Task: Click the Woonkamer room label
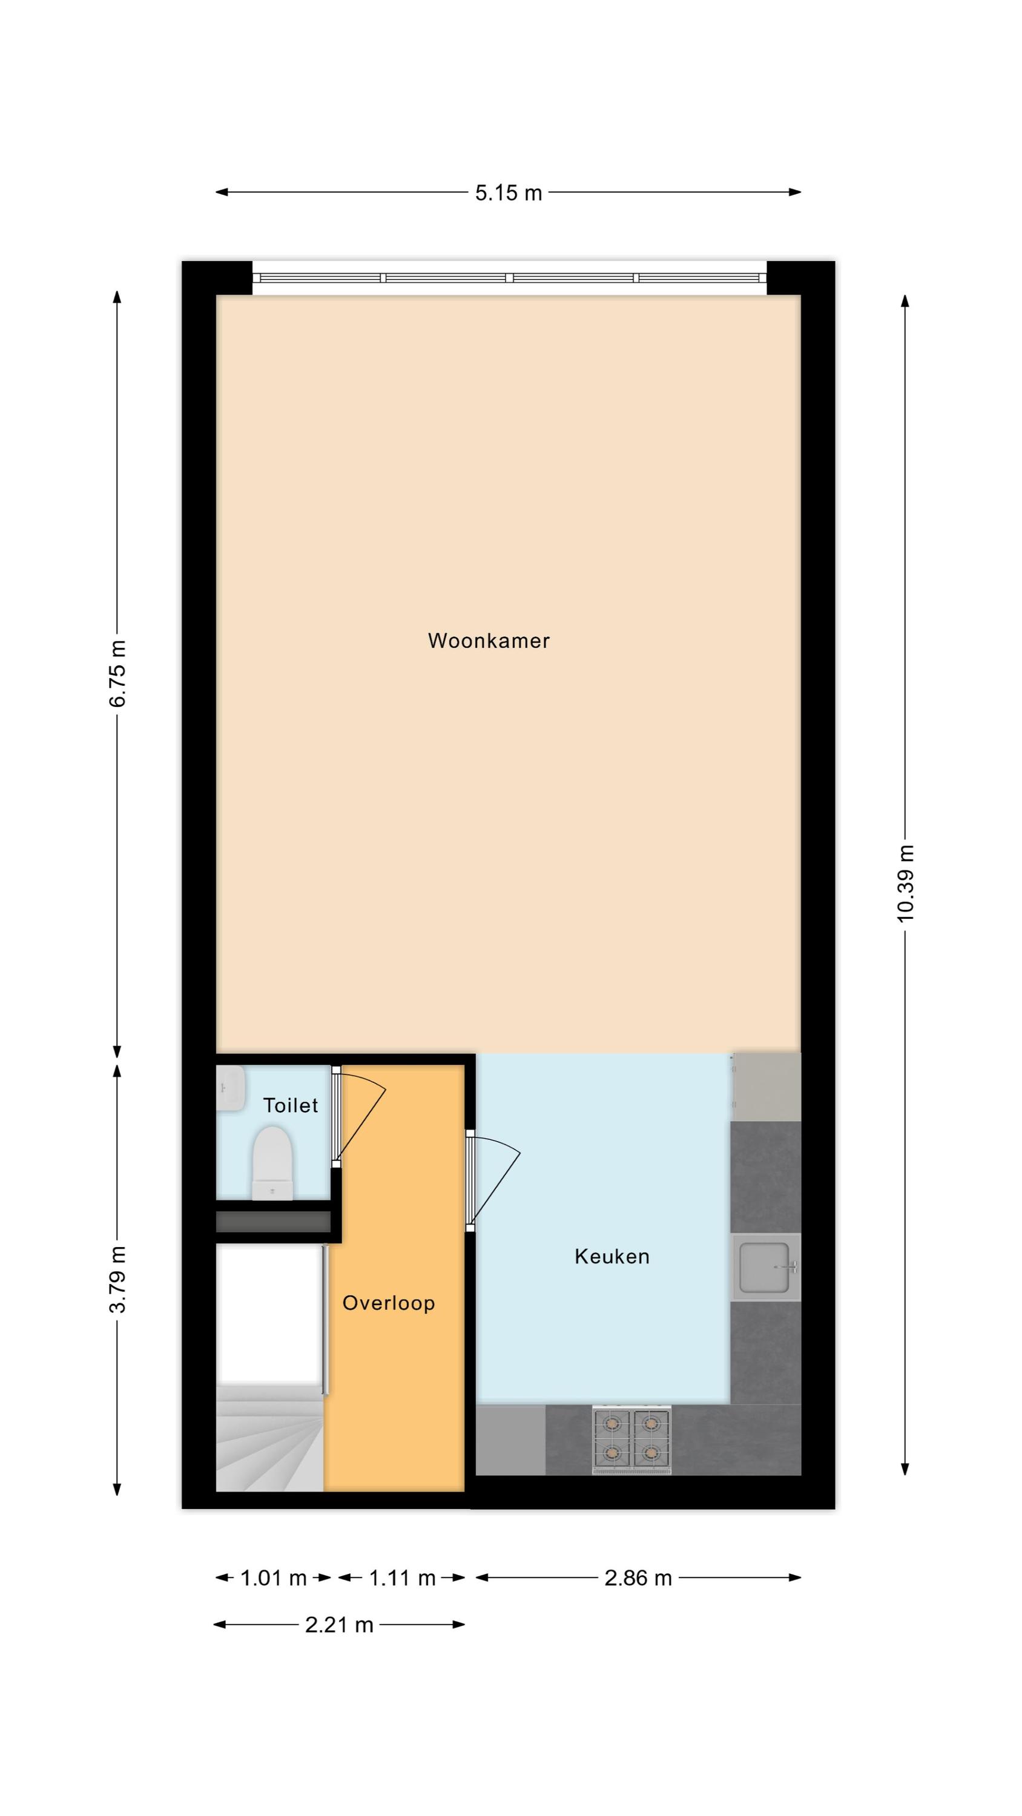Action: click(488, 641)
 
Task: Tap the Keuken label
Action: click(612, 1256)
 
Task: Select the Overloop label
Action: click(388, 1303)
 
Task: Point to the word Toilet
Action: click(290, 1105)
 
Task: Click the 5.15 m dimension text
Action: click(508, 192)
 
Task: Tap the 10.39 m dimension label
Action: click(905, 883)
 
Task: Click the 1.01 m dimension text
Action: click(273, 1579)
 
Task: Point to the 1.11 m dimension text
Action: click(402, 1579)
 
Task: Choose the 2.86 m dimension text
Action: click(638, 1579)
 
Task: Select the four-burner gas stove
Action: click(631, 1439)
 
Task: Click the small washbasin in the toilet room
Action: click(230, 1088)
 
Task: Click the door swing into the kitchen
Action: click(493, 1181)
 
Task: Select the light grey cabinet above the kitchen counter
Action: click(766, 1087)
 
